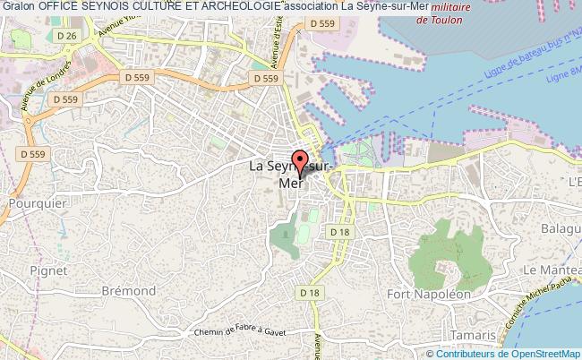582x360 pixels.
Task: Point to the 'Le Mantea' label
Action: click(x=552, y=270)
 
